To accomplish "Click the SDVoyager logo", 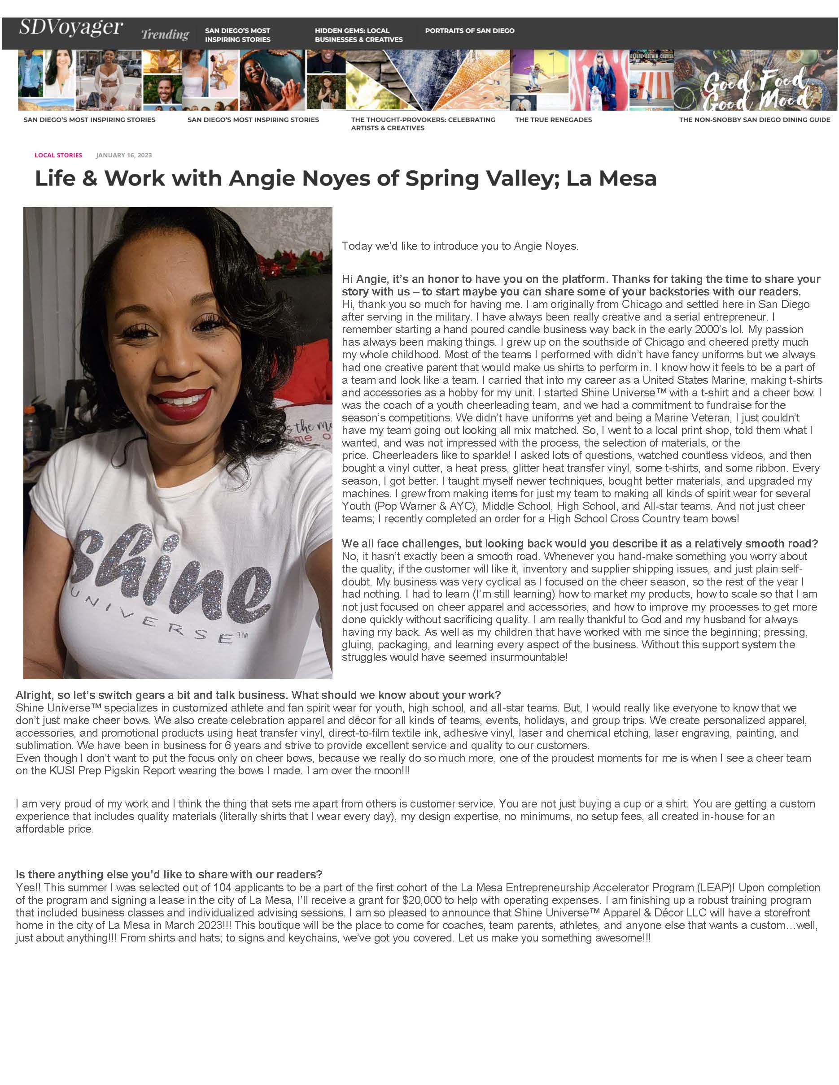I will pos(70,27).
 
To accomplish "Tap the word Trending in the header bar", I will pos(165,34).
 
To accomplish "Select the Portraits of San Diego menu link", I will pos(469,31).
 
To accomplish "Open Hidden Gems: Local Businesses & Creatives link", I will pos(358,35).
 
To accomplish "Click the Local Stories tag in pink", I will pos(58,155).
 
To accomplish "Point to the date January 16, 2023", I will pos(124,155).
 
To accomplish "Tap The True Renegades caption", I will pos(553,120).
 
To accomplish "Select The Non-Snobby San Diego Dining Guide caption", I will pos(754,120).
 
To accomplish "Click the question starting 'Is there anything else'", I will pos(169,874).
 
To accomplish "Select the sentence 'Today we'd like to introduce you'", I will pos(460,246).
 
